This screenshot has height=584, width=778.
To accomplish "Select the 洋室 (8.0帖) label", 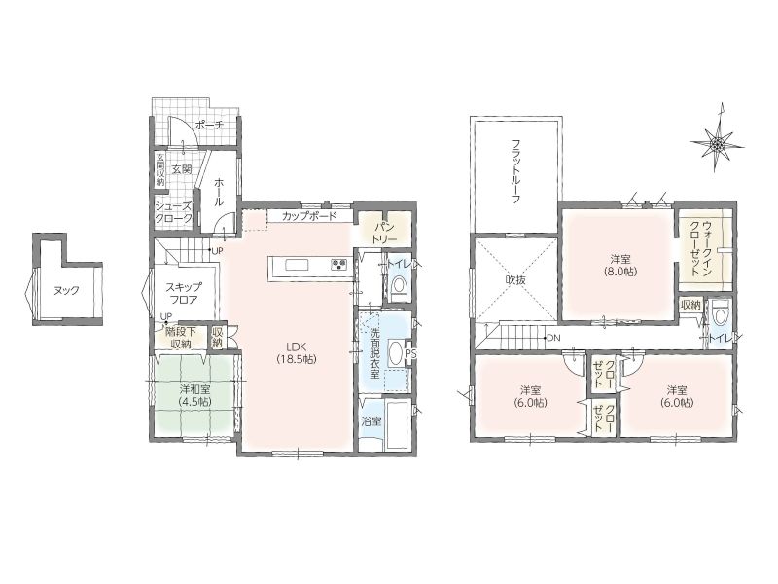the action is click(x=620, y=265).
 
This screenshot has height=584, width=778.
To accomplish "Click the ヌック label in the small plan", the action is click(x=66, y=290).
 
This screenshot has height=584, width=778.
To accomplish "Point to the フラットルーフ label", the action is click(x=516, y=172).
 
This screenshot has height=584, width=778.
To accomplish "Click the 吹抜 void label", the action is click(x=515, y=280).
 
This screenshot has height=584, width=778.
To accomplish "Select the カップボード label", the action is click(x=309, y=216).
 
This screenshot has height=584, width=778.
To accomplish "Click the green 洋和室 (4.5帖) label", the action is click(x=195, y=396).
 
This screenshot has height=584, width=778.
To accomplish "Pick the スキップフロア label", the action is click(x=184, y=293).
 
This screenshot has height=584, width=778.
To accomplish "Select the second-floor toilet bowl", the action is click(x=718, y=311).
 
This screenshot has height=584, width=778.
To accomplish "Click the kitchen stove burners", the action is click(x=338, y=264).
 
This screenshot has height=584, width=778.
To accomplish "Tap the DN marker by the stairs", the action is click(x=553, y=338).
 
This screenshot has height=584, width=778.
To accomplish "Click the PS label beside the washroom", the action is click(x=410, y=353).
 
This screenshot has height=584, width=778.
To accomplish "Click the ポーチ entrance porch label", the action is click(x=208, y=125).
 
